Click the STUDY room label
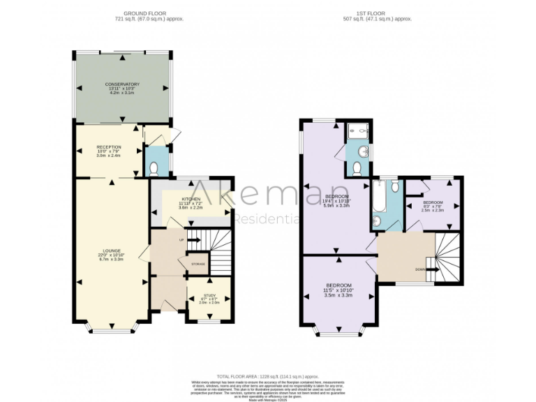point(209,298)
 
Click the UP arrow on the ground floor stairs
point(191,240)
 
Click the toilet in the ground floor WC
point(154,167)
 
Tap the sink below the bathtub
point(378,221)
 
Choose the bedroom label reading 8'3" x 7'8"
point(432,205)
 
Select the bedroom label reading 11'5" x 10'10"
point(338,290)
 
